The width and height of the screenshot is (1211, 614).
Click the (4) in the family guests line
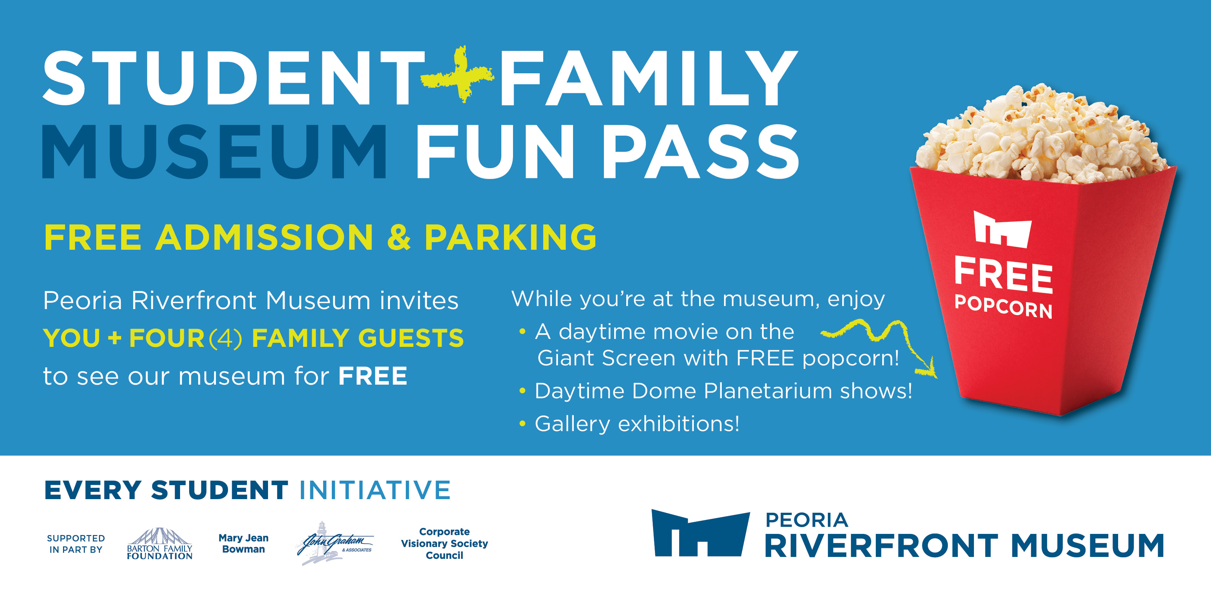pyautogui.click(x=226, y=338)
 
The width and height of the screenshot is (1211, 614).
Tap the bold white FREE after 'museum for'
pyautogui.click(x=373, y=376)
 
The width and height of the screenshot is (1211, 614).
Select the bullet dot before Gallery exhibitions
pyautogui.click(x=522, y=424)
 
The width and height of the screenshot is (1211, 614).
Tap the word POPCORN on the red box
pyautogui.click(x=1003, y=307)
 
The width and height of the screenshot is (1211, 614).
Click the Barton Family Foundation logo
pyautogui.click(x=160, y=543)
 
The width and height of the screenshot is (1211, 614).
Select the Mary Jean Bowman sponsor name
pyautogui.click(x=243, y=543)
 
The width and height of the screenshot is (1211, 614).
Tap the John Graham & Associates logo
pyautogui.click(x=335, y=543)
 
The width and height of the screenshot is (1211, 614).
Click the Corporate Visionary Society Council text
pyautogui.click(x=444, y=543)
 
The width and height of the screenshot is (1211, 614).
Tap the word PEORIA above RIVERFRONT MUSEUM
pyautogui.click(x=807, y=520)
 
